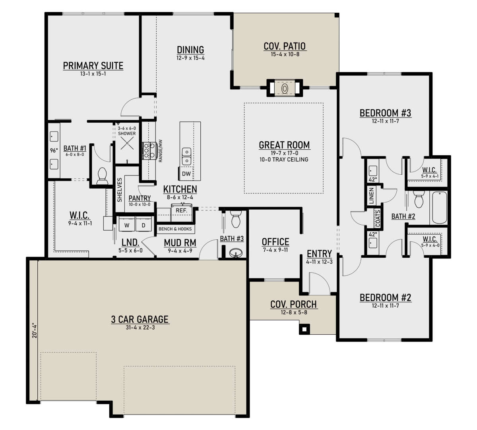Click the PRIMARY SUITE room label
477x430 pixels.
tap(93, 66)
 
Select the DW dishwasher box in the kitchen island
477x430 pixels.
tap(186, 174)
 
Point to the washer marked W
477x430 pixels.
tap(127, 225)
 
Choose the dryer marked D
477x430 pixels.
tap(143, 225)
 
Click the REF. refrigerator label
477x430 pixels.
tap(181, 210)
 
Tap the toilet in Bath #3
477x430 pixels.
tap(236, 218)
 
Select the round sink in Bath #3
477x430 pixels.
tap(236, 253)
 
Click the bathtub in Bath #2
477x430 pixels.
tap(439, 207)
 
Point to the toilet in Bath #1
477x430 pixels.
tap(102, 176)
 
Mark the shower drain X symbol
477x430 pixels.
tap(127, 143)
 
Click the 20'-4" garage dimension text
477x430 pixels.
tap(35, 330)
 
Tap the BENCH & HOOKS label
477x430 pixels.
tap(175, 229)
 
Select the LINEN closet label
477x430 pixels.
tap(371, 195)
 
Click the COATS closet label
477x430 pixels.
tap(378, 218)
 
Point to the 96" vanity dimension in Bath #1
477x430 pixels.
tap(54, 150)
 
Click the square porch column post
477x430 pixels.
tap(304, 329)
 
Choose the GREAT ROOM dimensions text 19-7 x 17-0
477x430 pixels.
tap(284, 153)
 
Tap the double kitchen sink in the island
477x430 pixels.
tap(187, 156)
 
